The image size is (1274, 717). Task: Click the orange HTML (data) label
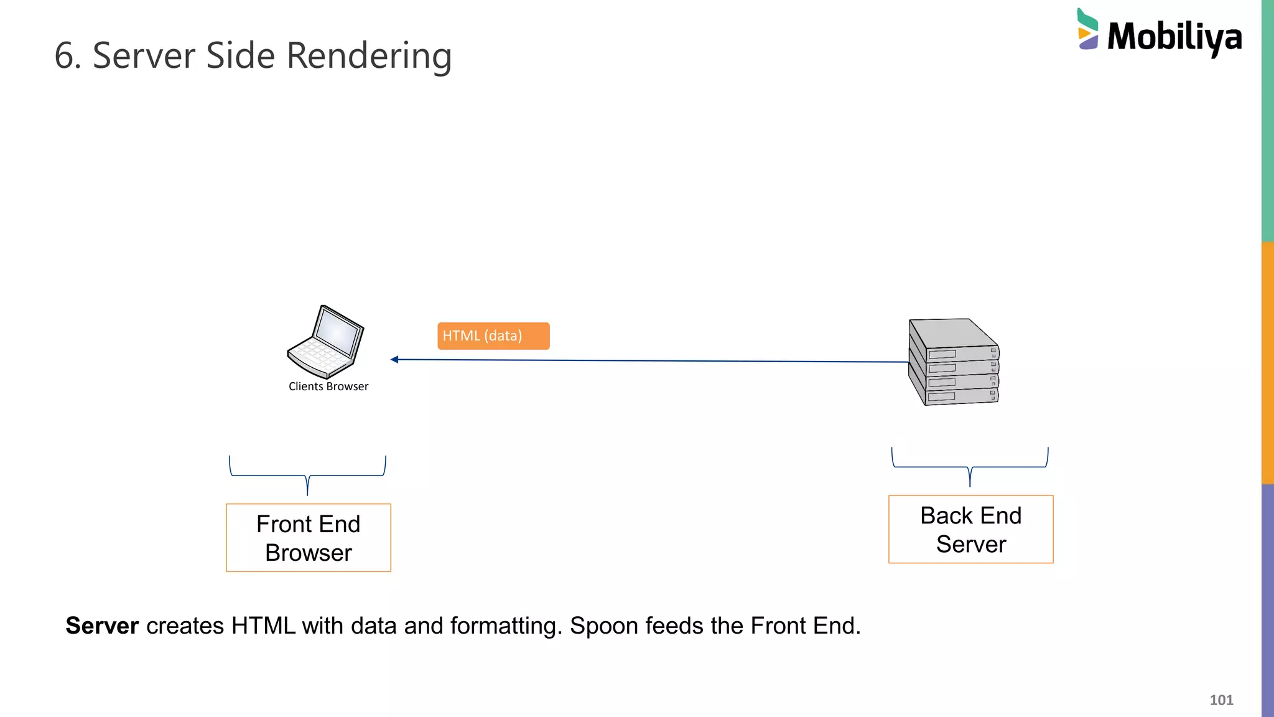point(493,336)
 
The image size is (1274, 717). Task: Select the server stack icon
point(954,362)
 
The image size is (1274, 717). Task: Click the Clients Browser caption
point(328,387)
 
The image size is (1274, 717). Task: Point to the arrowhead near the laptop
point(394,359)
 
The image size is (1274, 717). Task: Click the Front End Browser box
point(309,538)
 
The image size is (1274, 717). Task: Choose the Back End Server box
point(970,530)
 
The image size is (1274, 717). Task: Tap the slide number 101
point(1221,700)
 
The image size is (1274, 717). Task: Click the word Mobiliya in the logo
point(1174,37)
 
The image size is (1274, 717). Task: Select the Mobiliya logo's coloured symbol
point(1087,29)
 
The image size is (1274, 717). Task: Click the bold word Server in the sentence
point(102,626)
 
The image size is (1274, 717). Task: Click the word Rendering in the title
point(369,56)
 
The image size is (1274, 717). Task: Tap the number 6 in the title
point(64,56)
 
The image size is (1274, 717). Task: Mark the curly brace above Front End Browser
point(307,476)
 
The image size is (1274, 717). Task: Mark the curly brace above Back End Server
point(970,467)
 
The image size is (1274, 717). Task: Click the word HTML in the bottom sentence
point(263,626)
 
